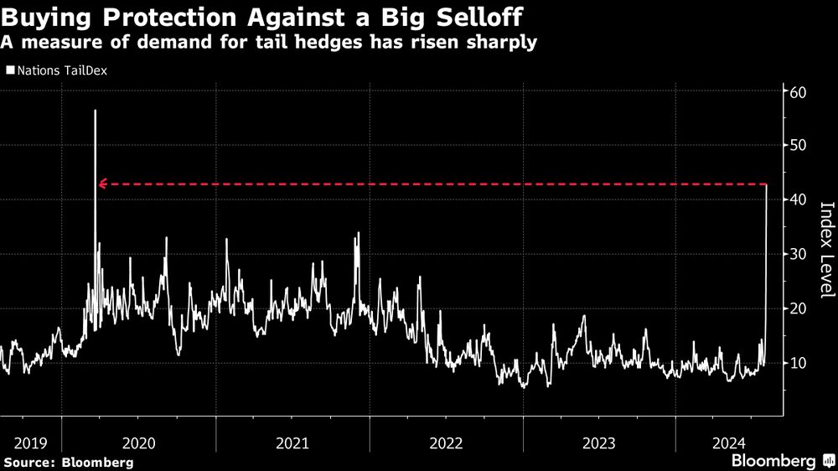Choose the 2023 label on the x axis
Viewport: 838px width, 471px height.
(x=598, y=442)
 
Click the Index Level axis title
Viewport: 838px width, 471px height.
(x=825, y=250)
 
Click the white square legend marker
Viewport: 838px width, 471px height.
(x=9, y=70)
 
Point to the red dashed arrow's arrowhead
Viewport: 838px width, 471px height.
(x=102, y=184)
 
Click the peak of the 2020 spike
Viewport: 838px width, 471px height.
(x=95, y=111)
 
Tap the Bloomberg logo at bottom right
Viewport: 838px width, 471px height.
(x=779, y=461)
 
